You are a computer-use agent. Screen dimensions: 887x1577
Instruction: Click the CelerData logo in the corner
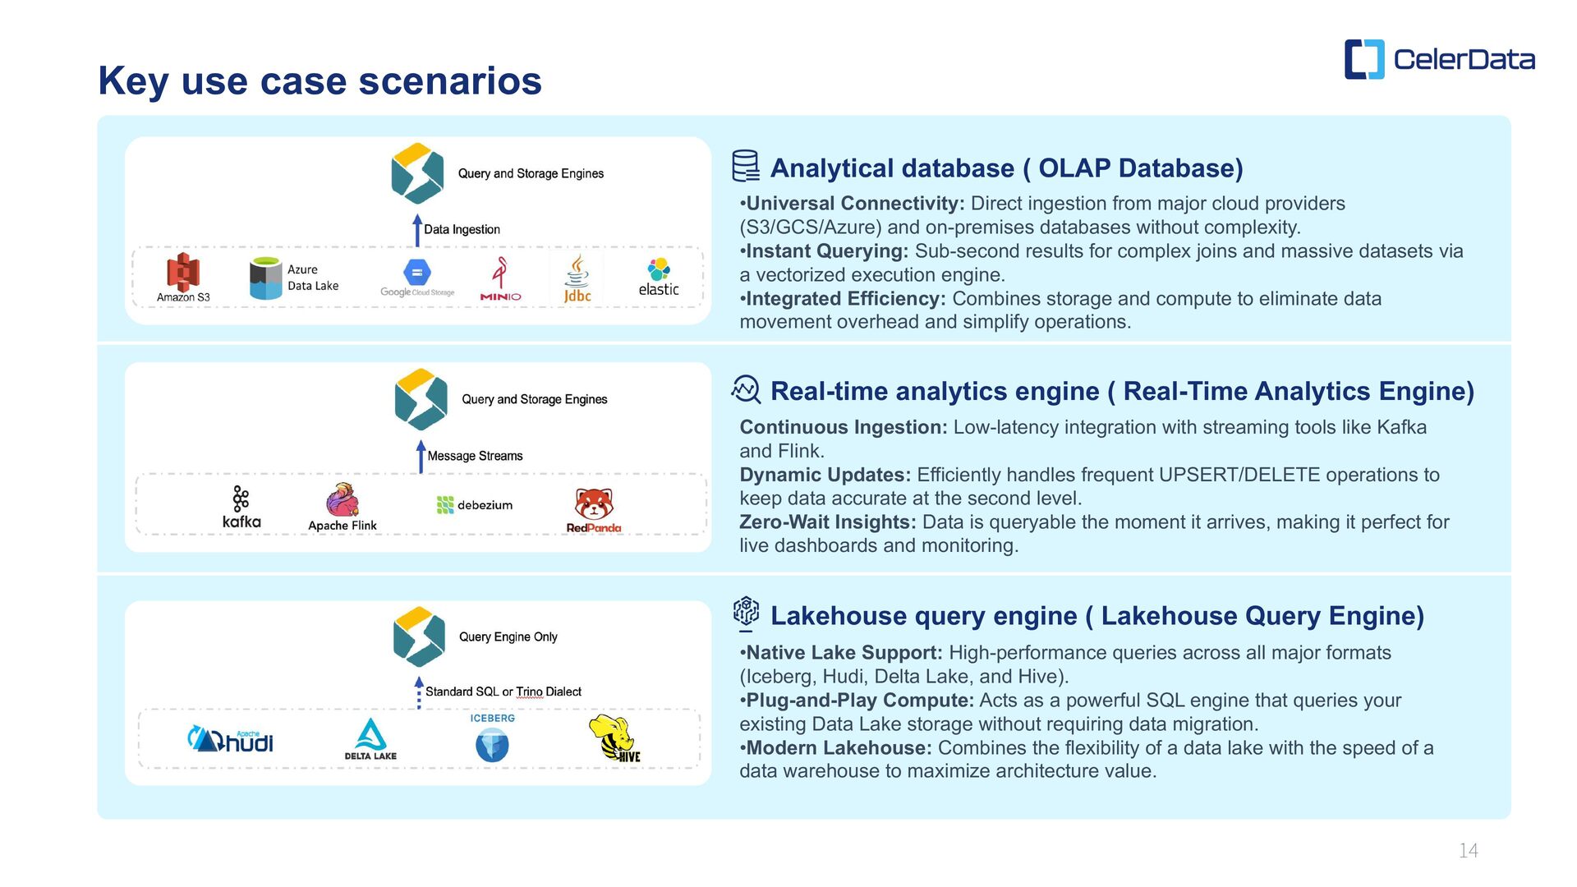pyautogui.click(x=1439, y=59)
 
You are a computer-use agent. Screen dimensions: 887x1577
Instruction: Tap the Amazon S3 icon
pyautogui.click(x=182, y=272)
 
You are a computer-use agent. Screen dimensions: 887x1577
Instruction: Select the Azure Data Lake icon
pyautogui.click(x=265, y=278)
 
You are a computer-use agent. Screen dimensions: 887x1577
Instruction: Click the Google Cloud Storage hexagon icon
pyautogui.click(x=417, y=272)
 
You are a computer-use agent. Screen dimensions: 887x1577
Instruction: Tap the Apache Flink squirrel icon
pyautogui.click(x=343, y=500)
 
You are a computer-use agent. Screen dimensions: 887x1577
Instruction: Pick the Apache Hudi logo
pyautogui.click(x=231, y=739)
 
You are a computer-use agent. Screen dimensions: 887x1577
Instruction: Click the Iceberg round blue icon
pyautogui.click(x=492, y=745)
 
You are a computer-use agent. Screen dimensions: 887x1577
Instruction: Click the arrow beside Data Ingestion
pyautogui.click(x=417, y=230)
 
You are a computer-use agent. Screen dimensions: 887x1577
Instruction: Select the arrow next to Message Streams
pyautogui.click(x=421, y=457)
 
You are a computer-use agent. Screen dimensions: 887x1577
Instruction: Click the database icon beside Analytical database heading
pyautogui.click(x=745, y=166)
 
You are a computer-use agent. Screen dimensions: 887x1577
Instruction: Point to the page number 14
pyautogui.click(x=1468, y=851)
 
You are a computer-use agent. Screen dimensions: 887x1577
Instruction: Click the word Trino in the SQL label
pyautogui.click(x=529, y=692)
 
